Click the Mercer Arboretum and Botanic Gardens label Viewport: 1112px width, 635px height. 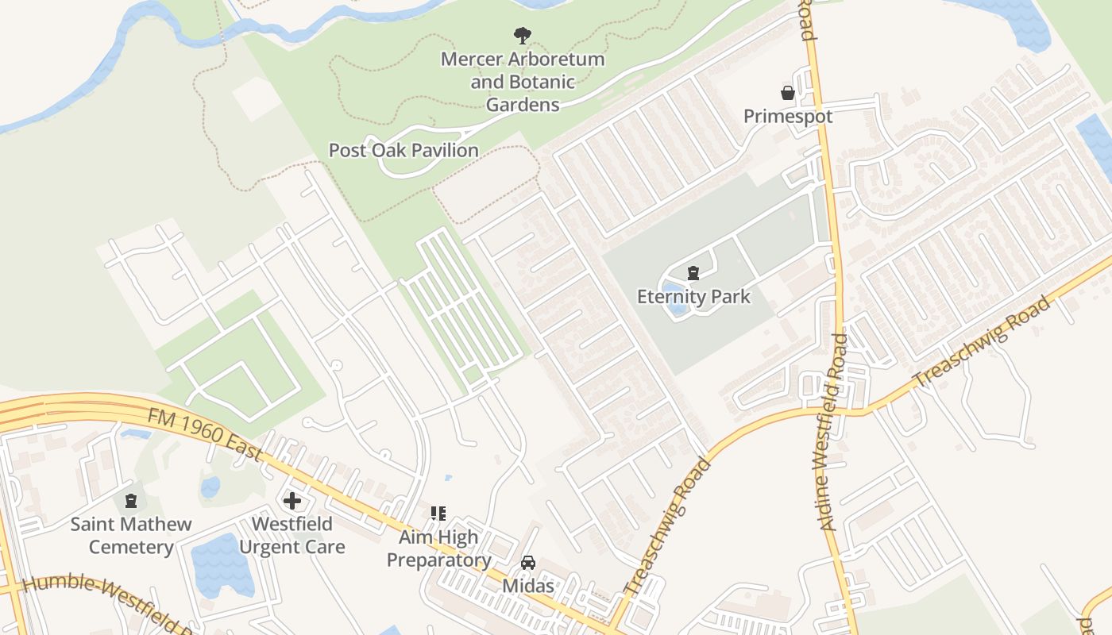coord(523,82)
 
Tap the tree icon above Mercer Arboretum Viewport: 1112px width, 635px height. coord(522,35)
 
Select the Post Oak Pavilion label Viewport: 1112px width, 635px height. coord(403,150)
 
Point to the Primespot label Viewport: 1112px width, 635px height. coord(788,117)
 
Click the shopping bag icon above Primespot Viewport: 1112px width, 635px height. coord(788,93)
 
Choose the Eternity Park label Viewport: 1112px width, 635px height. coord(693,297)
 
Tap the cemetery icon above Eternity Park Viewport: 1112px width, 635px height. coord(693,273)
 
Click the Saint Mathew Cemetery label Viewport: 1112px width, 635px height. coord(131,536)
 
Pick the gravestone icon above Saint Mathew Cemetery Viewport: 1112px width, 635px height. coord(131,501)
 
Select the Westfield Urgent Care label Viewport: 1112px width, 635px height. coord(292,536)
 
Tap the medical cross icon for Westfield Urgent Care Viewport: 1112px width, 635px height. coord(292,501)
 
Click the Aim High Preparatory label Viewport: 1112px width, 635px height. coord(438,548)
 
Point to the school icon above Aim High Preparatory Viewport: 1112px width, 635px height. coord(438,514)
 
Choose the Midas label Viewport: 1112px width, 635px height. coord(527,586)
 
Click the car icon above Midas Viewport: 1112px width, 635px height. coord(527,563)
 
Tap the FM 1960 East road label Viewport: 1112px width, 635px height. coord(205,433)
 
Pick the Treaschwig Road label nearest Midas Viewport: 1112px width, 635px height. coord(666,527)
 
